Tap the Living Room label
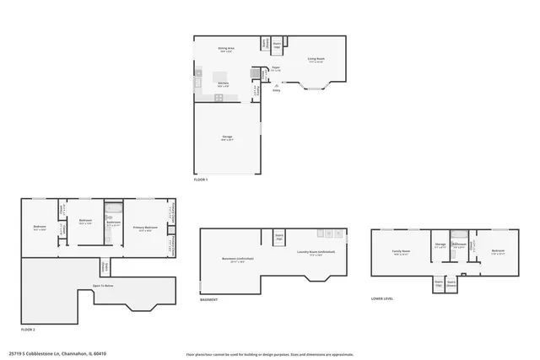[316, 60]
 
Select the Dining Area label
[227, 50]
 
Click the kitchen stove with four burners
[219, 97]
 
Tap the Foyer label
[276, 68]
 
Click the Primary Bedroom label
[145, 228]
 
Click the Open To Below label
[104, 287]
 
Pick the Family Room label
[400, 252]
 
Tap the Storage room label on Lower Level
[440, 245]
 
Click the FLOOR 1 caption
[201, 180]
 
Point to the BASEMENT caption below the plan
[209, 300]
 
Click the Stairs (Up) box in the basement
[278, 237]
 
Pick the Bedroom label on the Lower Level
[498, 251]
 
